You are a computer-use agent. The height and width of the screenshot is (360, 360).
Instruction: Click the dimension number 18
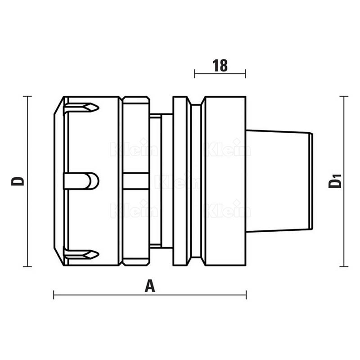tap(220, 65)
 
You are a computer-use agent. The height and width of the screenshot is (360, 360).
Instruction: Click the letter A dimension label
tap(150, 286)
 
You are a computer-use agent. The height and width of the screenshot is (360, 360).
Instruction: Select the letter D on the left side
tap(18, 181)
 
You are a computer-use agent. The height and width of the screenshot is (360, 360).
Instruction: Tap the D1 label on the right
tap(335, 181)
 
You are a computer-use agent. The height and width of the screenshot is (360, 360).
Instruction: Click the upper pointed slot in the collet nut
tap(81, 108)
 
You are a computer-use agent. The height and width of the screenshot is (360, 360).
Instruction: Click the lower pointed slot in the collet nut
tap(81, 254)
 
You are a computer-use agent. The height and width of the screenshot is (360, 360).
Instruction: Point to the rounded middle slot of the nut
tap(81, 181)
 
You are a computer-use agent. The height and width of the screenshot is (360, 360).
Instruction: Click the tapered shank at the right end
tap(279, 181)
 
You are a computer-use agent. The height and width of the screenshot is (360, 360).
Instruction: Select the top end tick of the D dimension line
tap(27, 96)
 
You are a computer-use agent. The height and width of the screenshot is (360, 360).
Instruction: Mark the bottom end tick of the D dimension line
tap(27, 266)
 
